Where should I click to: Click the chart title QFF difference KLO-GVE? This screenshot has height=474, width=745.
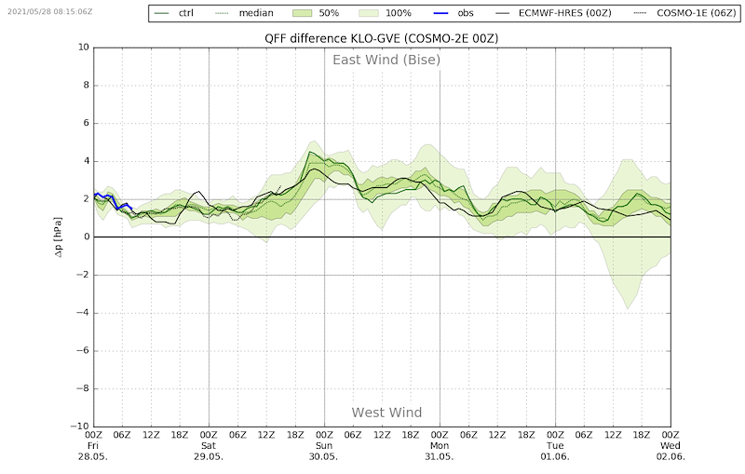(x=381, y=38)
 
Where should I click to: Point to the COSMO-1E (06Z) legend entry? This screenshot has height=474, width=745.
(x=680, y=13)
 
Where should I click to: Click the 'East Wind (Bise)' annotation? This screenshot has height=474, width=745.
(x=386, y=61)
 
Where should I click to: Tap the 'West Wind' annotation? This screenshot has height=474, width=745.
(x=386, y=413)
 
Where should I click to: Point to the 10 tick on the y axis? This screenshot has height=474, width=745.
(x=83, y=47)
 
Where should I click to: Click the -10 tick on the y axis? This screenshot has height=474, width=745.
(x=81, y=427)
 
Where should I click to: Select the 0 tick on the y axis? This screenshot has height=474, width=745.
(x=86, y=237)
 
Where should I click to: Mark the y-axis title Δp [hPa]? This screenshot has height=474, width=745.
(x=58, y=237)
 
